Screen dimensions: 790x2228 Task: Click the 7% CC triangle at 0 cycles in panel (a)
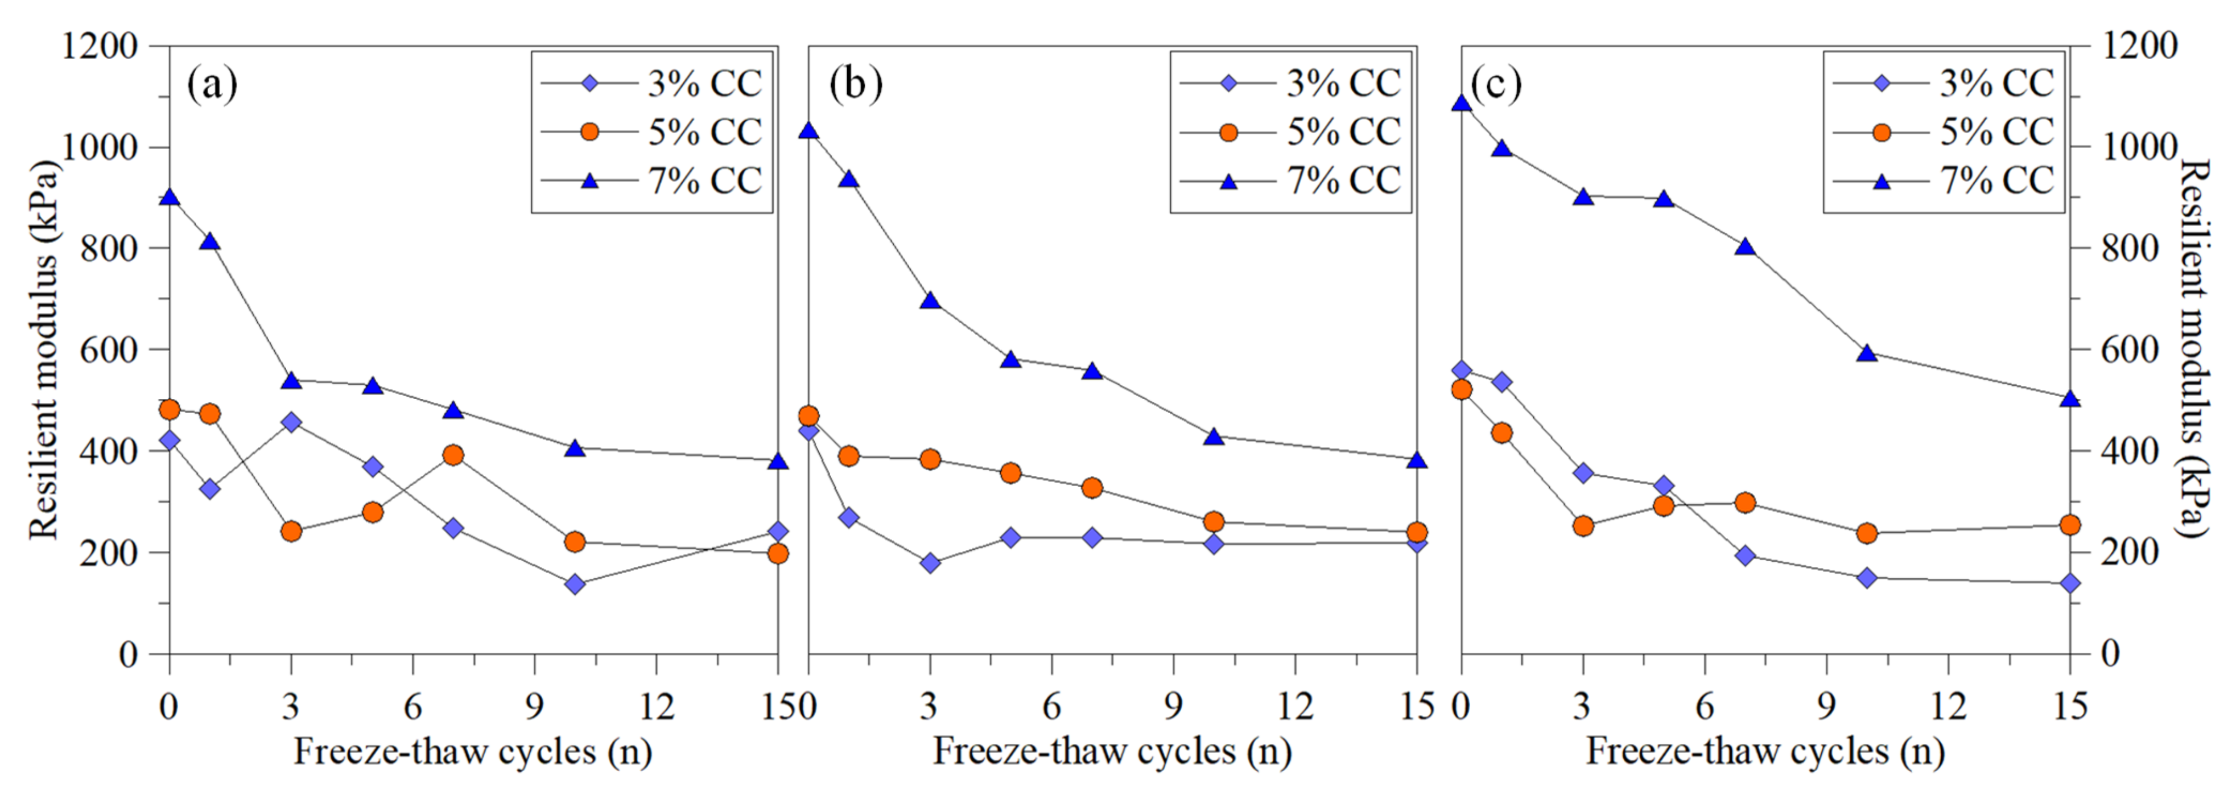tap(170, 197)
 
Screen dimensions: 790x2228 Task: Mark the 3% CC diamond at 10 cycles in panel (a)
tap(575, 584)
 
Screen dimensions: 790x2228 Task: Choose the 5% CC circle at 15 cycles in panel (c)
tap(2070, 525)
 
